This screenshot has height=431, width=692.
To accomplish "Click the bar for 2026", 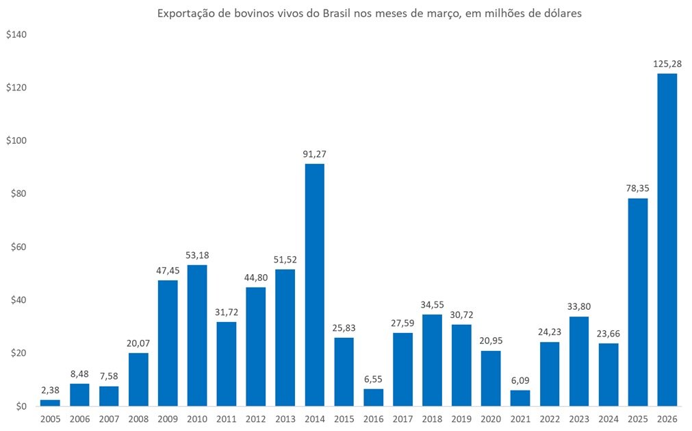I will coord(667,240).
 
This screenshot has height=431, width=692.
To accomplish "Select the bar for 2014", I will coord(314,285).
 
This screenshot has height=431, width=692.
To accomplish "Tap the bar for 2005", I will coord(50,402).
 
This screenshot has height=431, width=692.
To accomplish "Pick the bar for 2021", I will coord(520,398).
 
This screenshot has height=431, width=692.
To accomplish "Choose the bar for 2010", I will coord(197,336).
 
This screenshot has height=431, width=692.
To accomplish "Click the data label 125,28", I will coord(667,64).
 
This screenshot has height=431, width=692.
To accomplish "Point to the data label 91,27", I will coord(314,154).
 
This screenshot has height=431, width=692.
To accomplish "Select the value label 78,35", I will coord(637,188).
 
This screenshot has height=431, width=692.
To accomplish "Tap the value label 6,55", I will coord(373,379).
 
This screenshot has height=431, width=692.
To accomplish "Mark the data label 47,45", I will coord(168,271).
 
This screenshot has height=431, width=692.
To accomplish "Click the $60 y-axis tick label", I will coord(17,247).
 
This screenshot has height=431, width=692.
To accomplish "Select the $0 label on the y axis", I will coord(20,407).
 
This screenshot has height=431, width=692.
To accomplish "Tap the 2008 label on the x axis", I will coord(138,418).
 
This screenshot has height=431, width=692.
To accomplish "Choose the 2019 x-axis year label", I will coord(461,418).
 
